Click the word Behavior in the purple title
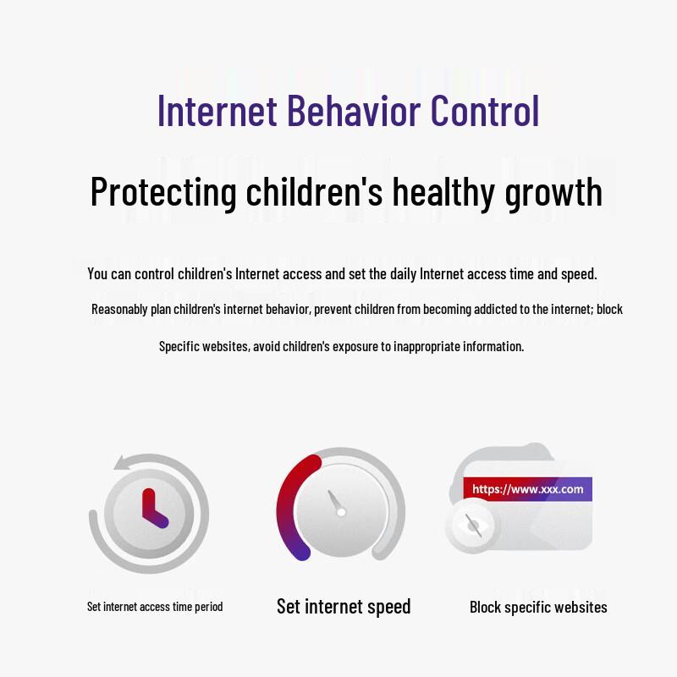[x=354, y=111]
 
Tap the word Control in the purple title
[x=485, y=111]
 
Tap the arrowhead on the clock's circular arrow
[x=123, y=462]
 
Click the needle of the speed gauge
[x=335, y=503]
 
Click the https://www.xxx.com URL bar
[x=527, y=489]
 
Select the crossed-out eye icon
[x=473, y=526]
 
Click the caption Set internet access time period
[x=155, y=607]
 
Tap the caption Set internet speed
[x=344, y=606]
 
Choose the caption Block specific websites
[x=538, y=607]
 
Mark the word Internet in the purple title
[x=217, y=111]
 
